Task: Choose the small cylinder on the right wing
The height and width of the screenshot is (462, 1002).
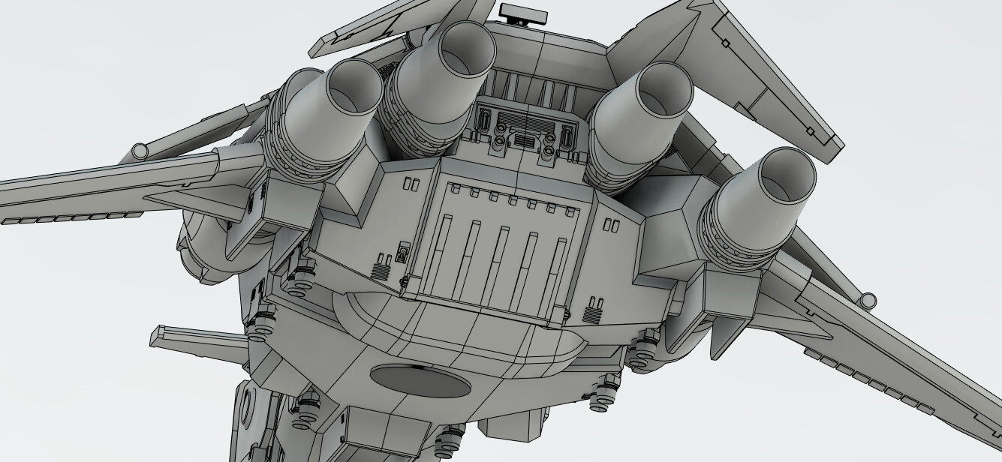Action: [x=868, y=299]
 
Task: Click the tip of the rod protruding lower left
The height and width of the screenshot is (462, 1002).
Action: [x=157, y=337]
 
